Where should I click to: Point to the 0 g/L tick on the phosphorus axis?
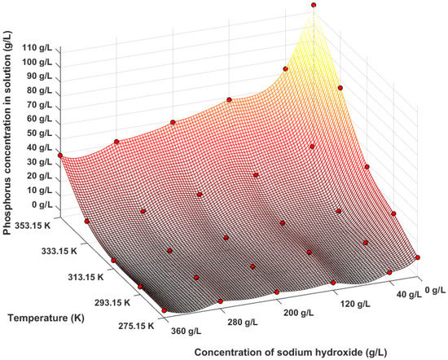coord(37,204)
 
